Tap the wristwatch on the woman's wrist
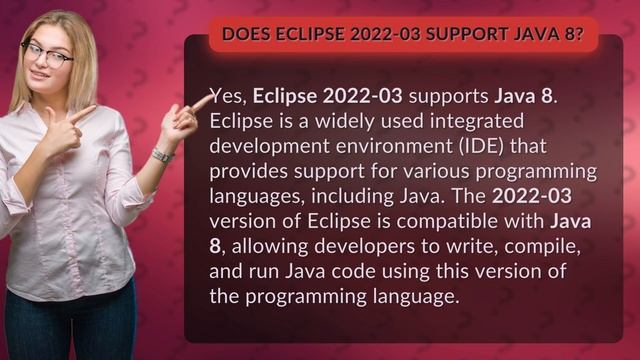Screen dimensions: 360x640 [x=161, y=155]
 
